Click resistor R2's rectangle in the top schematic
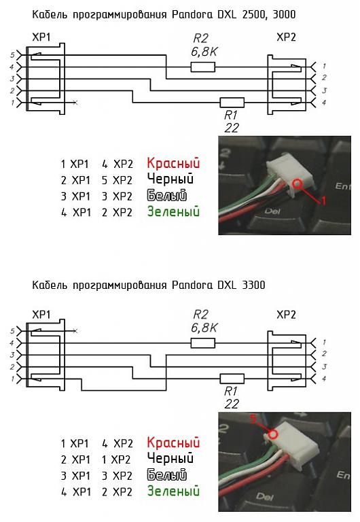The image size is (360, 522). (x=202, y=67)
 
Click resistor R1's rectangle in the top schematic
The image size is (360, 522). (x=232, y=103)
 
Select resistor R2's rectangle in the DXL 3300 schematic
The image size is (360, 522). (x=202, y=343)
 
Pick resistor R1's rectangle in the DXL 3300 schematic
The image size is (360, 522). (x=232, y=379)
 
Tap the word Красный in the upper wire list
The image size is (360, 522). (x=173, y=163)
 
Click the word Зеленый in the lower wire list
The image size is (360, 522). (x=173, y=491)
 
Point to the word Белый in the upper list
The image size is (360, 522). (x=166, y=196)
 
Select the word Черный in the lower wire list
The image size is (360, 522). (x=170, y=459)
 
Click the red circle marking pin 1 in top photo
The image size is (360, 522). (x=297, y=184)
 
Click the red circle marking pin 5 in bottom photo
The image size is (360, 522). (x=273, y=434)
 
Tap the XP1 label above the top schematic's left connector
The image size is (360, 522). (x=41, y=37)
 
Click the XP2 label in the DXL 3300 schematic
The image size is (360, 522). (x=286, y=315)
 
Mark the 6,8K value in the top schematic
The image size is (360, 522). (x=204, y=52)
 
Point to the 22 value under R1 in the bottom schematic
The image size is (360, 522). (x=232, y=404)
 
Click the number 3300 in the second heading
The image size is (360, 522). (x=254, y=285)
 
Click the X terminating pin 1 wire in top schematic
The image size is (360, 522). (x=75, y=103)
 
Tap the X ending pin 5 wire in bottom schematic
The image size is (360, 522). (x=75, y=331)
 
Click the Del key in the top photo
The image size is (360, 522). (x=272, y=211)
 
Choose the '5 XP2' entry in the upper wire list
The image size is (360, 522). (x=117, y=180)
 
